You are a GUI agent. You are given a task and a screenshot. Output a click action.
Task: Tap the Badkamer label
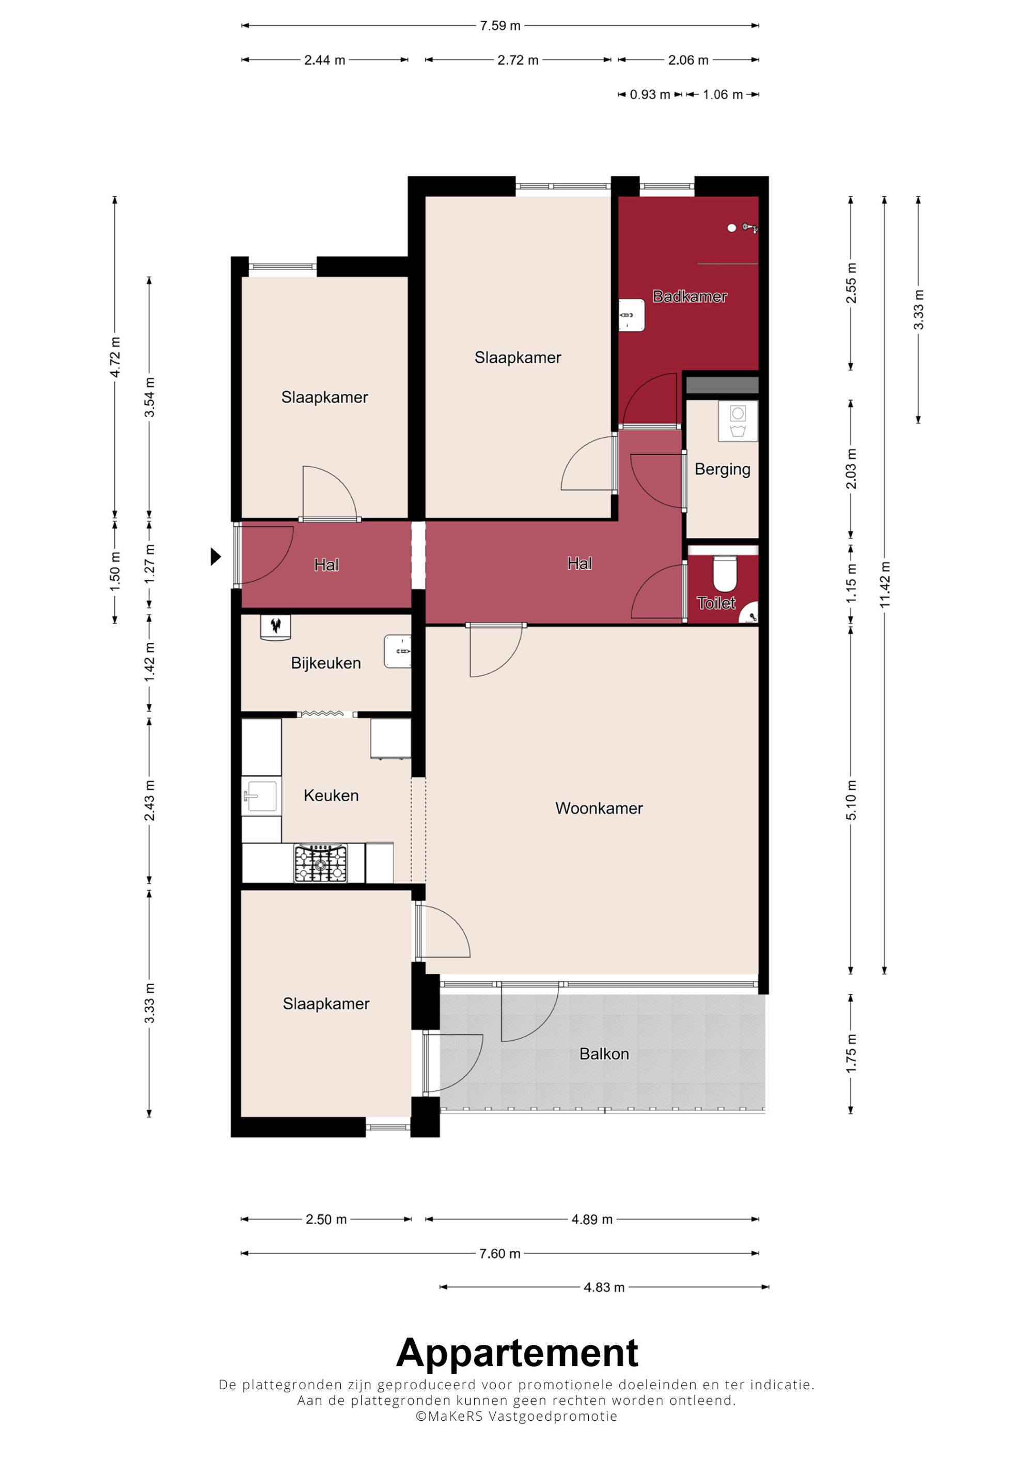[690, 296]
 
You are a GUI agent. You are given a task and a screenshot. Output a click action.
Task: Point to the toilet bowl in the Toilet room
[724, 574]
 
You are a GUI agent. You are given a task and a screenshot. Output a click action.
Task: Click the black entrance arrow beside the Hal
[216, 557]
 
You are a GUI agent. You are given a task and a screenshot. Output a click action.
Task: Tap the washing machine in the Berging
[738, 421]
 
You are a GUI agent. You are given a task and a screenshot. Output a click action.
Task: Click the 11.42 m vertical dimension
[885, 585]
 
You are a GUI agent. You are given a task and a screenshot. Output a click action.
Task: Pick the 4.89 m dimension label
[592, 1219]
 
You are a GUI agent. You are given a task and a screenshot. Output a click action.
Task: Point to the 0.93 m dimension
[650, 95]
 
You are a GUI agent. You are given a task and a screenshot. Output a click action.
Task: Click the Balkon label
[604, 1054]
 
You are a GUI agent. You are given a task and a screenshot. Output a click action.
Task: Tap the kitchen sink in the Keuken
[261, 796]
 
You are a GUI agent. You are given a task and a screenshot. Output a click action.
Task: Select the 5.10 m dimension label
[851, 800]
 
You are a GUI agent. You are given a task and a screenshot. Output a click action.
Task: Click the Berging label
[723, 470]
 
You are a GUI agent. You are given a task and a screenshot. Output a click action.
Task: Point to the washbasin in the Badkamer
[632, 315]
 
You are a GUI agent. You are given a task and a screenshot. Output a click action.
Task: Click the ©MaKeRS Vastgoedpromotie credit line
[517, 1417]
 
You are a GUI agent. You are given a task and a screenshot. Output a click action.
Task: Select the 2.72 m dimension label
[518, 60]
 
